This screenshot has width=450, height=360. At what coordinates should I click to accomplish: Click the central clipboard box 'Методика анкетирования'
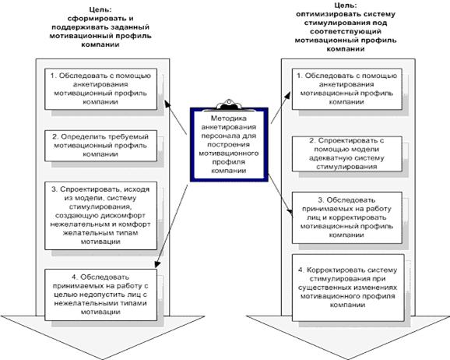coord(229,144)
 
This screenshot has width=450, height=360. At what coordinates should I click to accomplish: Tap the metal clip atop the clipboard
coord(229,104)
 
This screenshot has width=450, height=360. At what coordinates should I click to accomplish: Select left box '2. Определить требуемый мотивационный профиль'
coord(100,146)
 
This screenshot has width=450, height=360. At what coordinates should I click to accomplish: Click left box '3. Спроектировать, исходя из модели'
coord(100,216)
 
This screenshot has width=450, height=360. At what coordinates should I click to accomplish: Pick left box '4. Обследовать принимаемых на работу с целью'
coord(100,295)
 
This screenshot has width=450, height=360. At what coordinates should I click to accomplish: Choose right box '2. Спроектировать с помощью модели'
coord(347,154)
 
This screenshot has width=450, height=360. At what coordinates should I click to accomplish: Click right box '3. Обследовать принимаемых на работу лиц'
coord(347,217)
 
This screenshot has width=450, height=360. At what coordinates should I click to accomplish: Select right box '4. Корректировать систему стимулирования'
coord(348,288)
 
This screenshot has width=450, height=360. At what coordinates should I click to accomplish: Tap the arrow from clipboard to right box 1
coord(280,108)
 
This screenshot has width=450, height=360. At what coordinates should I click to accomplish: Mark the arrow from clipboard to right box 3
coord(281,195)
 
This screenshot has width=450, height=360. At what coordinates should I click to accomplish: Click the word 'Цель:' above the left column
coord(100,10)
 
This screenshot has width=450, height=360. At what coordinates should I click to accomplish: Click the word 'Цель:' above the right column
coord(346,5)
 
